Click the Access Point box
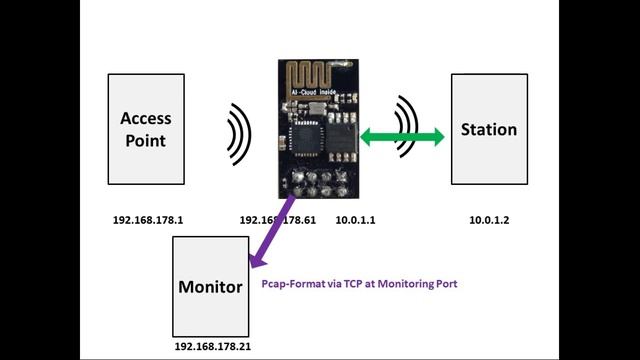146,129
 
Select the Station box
488,129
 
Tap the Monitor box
210,286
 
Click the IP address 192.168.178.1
146,219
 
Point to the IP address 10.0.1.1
354,219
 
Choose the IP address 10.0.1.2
489,219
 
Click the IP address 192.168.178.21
211,346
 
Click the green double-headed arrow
402,139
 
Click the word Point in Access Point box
146,141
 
